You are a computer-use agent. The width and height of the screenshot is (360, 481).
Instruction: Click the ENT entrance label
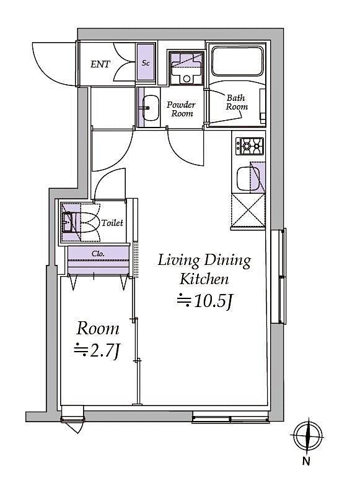(x=100, y=64)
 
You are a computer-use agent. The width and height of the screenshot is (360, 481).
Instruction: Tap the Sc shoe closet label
(x=146, y=63)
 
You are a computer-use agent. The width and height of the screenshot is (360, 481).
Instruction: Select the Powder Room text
(x=181, y=109)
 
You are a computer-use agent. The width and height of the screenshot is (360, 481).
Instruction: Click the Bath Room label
(x=237, y=102)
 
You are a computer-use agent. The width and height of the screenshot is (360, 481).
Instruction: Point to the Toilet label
(x=113, y=223)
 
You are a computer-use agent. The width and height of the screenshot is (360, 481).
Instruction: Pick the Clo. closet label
(x=98, y=253)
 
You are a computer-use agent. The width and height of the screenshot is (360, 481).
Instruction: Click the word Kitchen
(x=204, y=279)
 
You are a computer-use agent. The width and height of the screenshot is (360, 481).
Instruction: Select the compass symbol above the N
(x=306, y=435)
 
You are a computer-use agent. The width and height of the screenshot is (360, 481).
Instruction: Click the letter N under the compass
(x=306, y=461)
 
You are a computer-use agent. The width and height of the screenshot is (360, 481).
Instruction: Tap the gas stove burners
(x=249, y=146)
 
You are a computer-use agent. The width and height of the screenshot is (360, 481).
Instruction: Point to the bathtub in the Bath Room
(x=238, y=62)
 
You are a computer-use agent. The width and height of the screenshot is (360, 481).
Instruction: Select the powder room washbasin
(x=149, y=108)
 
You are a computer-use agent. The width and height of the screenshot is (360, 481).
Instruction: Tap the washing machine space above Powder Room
(x=185, y=66)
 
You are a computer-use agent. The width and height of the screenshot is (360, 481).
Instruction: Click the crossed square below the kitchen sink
(x=248, y=210)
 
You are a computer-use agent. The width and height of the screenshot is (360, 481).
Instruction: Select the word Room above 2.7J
(x=98, y=328)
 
